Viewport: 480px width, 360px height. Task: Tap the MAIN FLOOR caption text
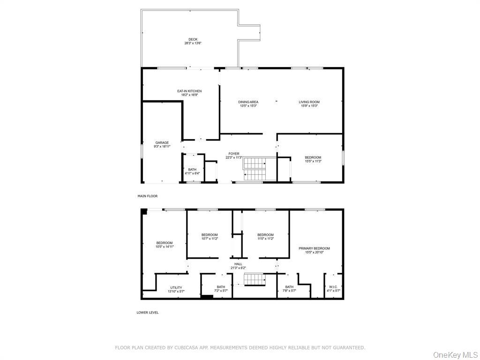coord(147,196)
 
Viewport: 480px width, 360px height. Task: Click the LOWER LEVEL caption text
coord(148,312)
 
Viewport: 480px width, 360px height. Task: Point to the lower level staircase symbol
coord(253,279)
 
